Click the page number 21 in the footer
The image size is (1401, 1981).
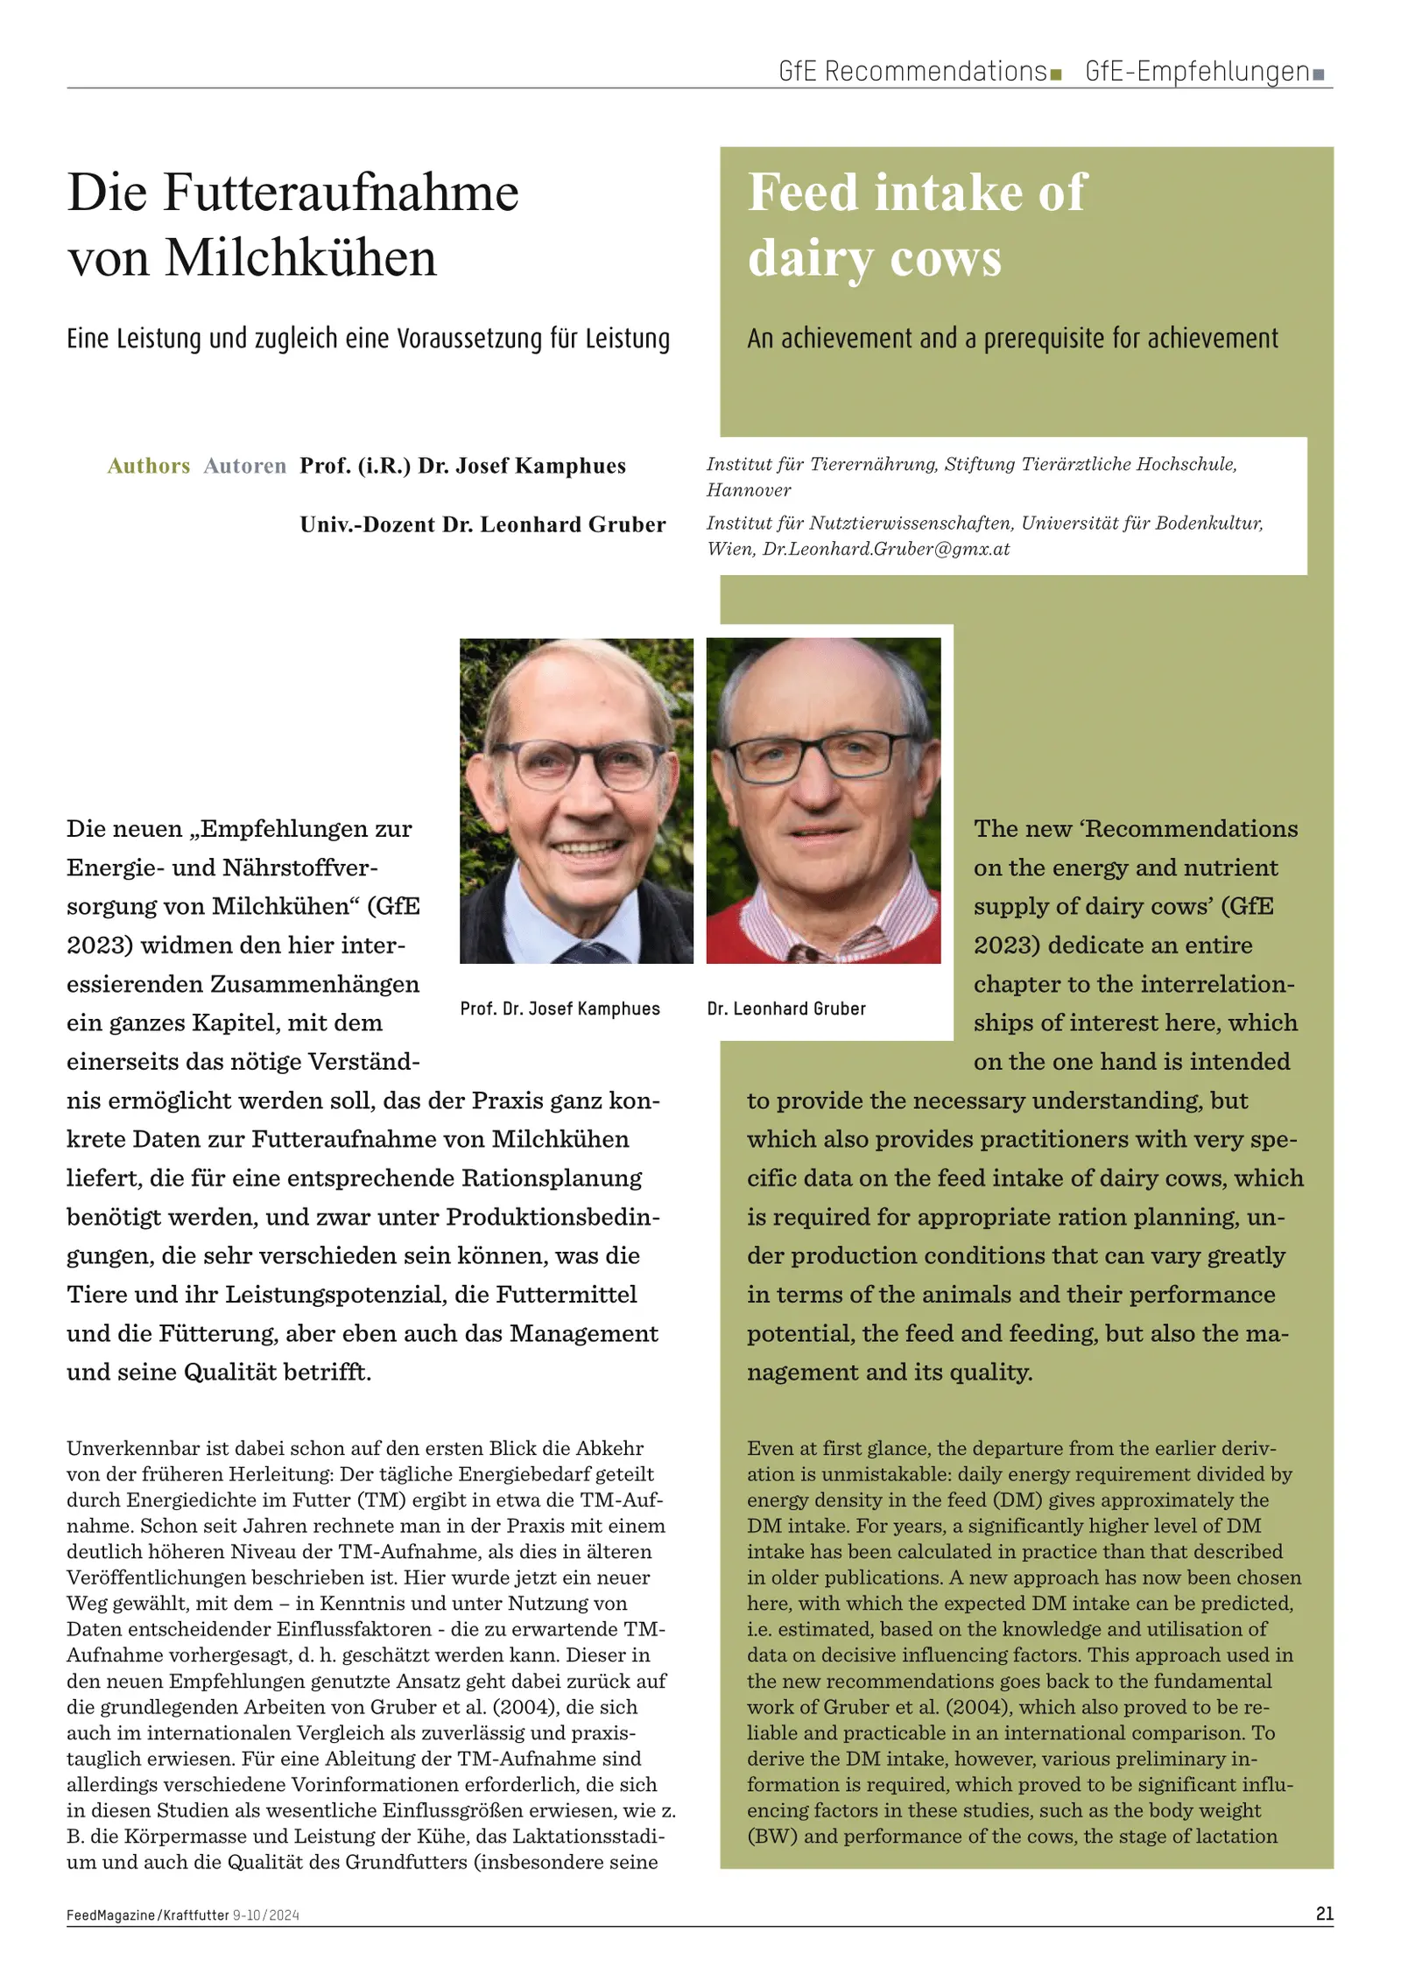click(x=1324, y=1913)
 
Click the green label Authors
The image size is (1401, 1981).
click(x=148, y=466)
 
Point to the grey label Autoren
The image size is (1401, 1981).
click(x=244, y=466)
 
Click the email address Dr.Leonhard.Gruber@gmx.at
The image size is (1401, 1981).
click(x=886, y=550)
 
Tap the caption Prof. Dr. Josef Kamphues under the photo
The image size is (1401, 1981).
click(x=560, y=1008)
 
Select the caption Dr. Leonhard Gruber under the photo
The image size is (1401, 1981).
click(x=785, y=1008)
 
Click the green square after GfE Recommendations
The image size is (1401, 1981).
click(x=1055, y=74)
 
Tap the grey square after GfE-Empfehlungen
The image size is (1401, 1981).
click(x=1319, y=74)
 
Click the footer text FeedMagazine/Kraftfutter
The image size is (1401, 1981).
click(x=147, y=1914)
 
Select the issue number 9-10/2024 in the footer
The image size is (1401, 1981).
click(x=266, y=1914)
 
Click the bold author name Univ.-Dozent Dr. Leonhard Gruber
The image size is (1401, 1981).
click(x=482, y=524)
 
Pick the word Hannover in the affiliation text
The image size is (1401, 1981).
click(x=749, y=490)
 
